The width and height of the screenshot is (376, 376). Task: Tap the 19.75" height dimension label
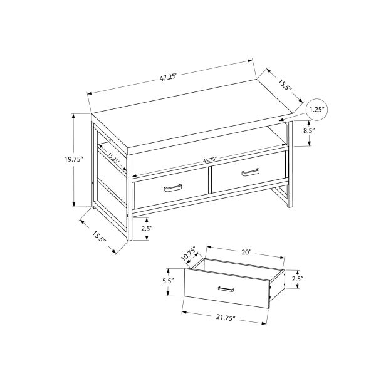click(x=74, y=159)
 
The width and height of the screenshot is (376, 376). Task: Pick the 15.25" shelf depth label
click(x=113, y=159)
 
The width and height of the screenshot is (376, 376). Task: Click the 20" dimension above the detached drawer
click(x=246, y=252)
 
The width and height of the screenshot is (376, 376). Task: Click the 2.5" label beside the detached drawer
click(x=297, y=278)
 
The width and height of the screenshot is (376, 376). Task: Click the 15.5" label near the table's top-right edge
click(x=286, y=82)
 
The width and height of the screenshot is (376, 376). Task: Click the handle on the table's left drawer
click(x=172, y=187)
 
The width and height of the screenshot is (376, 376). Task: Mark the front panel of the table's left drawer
click(x=170, y=192)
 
